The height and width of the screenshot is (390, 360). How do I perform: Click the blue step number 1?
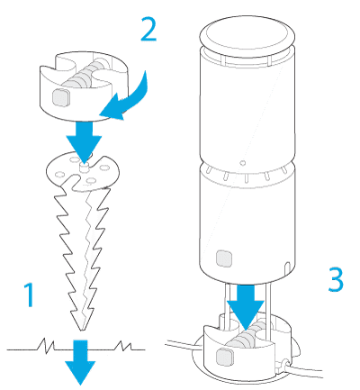pyautogui.click(x=30, y=295)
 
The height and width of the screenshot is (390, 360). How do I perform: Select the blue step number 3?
pyautogui.click(x=336, y=280)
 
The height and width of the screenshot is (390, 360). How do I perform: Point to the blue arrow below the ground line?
pyautogui.click(x=80, y=362)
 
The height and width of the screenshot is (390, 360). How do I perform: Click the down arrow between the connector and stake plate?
pyautogui.click(x=84, y=140)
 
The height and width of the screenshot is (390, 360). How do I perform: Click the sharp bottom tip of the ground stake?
pyautogui.click(x=81, y=330)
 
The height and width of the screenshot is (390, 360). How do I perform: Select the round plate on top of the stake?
pyautogui.click(x=83, y=172)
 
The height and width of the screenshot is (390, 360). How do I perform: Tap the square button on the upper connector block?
pyautogui.click(x=61, y=97)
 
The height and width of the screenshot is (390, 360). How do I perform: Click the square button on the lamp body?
pyautogui.click(x=224, y=258)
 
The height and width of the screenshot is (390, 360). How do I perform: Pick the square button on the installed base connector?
pyautogui.click(x=224, y=357)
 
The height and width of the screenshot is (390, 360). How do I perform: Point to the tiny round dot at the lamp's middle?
pyautogui.click(x=243, y=163)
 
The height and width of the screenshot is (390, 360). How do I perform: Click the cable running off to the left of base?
pyautogui.click(x=184, y=345)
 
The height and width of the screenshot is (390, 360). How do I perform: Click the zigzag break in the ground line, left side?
pyautogui.click(x=46, y=345)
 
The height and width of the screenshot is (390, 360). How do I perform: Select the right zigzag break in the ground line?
pyautogui.click(x=123, y=346)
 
